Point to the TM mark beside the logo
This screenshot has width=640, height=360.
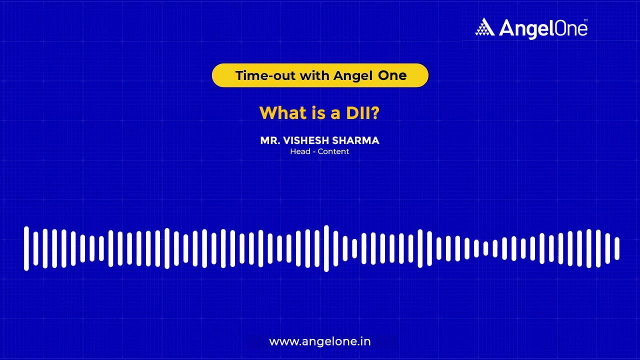[x=585, y=20]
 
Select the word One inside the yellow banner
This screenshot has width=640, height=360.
[x=392, y=75]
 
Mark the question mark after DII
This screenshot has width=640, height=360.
[x=375, y=112]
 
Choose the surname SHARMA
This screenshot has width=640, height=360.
[x=356, y=140]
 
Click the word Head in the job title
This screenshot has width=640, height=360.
[x=300, y=151]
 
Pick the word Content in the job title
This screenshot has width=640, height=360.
[x=333, y=151]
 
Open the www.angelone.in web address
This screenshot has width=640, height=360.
[x=320, y=342]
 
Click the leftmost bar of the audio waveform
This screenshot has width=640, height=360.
[x=26, y=248]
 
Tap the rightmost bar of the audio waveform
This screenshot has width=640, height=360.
[x=617, y=248]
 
